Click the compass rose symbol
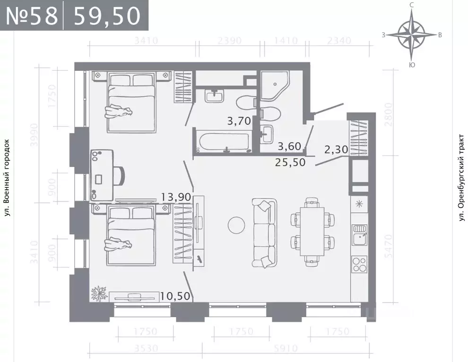coord(412,34)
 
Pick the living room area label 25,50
coord(290,162)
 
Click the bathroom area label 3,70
coord(239,121)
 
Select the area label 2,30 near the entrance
coord(336,150)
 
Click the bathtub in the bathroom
coord(225,142)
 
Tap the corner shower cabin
coord(274,86)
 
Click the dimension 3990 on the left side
coord(33,135)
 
